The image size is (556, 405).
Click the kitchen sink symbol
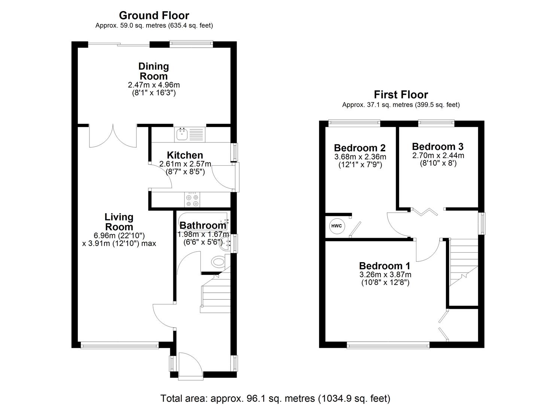coord(182,134)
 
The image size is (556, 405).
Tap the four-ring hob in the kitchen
coord(192,200)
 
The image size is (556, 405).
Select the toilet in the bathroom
coord(218,261)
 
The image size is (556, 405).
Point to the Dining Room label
coord(154,71)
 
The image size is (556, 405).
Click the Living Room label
coord(119,222)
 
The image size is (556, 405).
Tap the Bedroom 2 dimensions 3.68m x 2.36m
coord(360,157)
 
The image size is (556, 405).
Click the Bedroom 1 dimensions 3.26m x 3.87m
coord(385,274)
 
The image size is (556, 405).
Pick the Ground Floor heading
coord(154,15)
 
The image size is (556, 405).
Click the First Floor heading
coord(401,94)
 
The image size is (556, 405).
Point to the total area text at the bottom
coord(275,398)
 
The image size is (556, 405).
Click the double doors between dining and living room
coord(113,136)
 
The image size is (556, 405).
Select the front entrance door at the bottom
coord(191,365)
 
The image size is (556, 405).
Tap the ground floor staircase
coord(215,292)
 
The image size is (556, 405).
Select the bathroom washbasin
coord(226,244)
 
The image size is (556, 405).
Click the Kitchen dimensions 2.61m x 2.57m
coord(185,164)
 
